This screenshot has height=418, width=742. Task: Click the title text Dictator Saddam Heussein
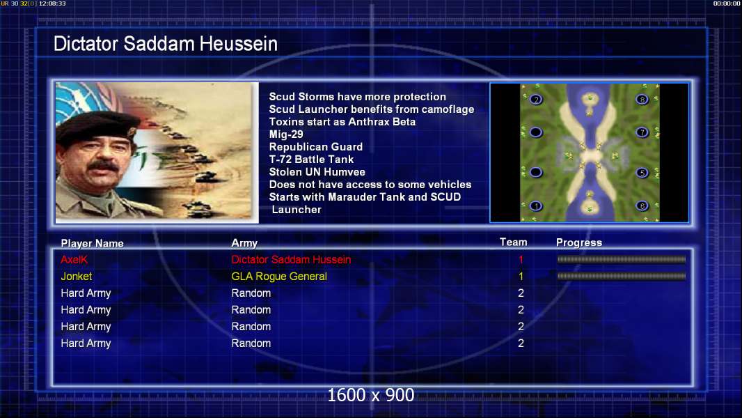coord(165,44)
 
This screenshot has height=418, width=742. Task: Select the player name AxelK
coord(74,259)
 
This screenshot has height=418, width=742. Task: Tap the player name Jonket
coord(76,276)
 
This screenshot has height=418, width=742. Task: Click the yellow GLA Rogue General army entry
coord(278,276)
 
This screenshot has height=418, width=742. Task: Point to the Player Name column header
coord(93,243)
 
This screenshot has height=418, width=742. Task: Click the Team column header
coord(514,242)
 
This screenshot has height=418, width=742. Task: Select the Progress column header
coord(578,242)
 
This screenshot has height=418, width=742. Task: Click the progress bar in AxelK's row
coord(622,259)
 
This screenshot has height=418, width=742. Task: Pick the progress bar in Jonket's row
coord(622,276)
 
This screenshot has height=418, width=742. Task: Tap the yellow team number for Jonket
coord(521,276)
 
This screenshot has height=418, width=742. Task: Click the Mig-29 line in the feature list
coord(286,134)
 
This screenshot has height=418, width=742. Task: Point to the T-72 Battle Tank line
coord(311,159)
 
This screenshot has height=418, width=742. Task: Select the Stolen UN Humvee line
coord(317,172)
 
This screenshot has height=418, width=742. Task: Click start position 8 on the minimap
coord(642,100)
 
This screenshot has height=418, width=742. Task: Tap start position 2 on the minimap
coord(536,100)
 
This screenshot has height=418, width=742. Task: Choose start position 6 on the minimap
coord(642,206)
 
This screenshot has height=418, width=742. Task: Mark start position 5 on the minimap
coord(642,173)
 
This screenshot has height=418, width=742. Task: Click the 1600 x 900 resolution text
coord(370,395)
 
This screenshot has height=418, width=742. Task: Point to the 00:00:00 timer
coord(727,3)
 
